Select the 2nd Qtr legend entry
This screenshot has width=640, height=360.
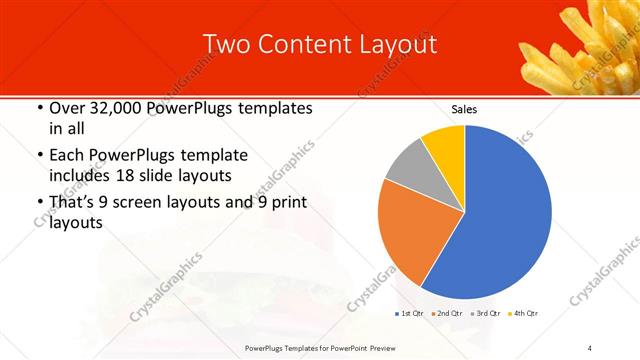[445, 313]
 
